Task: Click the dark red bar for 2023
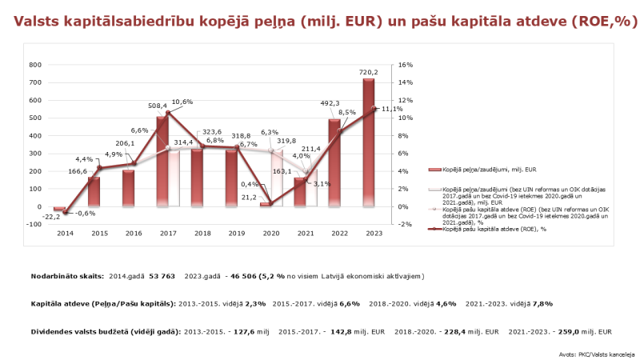pyautogui.click(x=368, y=144)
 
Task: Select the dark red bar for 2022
pyautogui.click(x=334, y=164)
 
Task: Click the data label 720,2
pyautogui.click(x=368, y=72)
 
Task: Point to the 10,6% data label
pyautogui.click(x=182, y=102)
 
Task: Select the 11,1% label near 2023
pyautogui.click(x=392, y=109)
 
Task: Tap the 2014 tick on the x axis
pyautogui.click(x=66, y=233)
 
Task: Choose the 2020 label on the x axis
pyautogui.click(x=270, y=233)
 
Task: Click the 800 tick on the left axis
pyautogui.click(x=35, y=65)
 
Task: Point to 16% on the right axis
pyautogui.click(x=405, y=65)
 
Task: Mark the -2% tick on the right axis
pyautogui.click(x=405, y=225)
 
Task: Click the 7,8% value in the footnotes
pyautogui.click(x=542, y=303)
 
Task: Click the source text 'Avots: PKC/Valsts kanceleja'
pyautogui.click(x=594, y=352)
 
